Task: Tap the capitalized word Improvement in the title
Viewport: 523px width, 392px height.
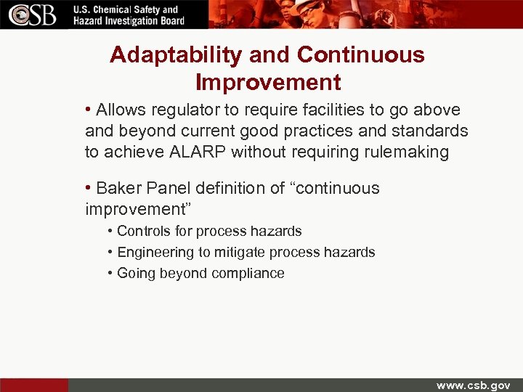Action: [268, 82]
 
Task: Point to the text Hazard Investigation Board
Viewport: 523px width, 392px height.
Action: [129, 21]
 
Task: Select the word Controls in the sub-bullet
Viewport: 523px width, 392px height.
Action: [142, 232]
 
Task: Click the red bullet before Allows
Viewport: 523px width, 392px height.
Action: [88, 110]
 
